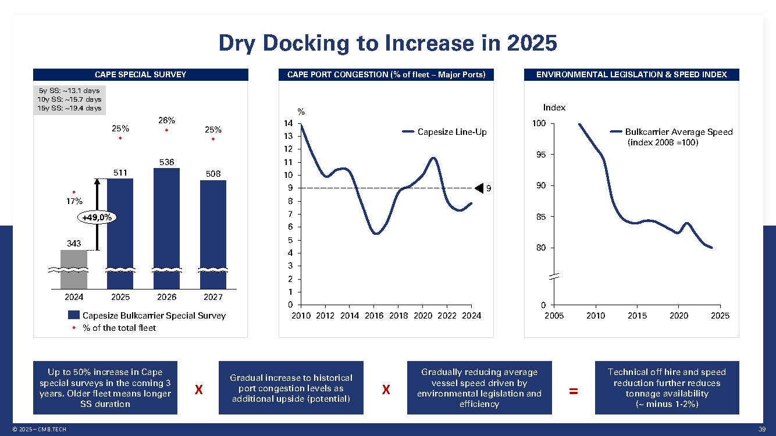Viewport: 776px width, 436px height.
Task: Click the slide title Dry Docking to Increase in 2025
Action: click(387, 43)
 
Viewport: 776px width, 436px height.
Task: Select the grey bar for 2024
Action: click(74, 269)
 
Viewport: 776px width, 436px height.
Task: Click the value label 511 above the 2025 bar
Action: click(120, 172)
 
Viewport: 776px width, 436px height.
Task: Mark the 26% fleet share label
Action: click(166, 120)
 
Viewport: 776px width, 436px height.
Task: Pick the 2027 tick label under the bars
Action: click(213, 297)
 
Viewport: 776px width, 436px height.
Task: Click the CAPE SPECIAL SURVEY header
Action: click(140, 74)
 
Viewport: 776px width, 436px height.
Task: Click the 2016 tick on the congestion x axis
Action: click(374, 316)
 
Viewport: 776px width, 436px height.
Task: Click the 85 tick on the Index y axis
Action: click(540, 217)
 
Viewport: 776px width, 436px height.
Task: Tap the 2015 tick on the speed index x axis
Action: click(637, 316)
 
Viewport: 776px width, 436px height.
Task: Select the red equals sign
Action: click(573, 391)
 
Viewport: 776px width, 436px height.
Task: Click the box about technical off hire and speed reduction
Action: click(667, 388)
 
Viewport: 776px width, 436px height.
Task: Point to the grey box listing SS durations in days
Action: click(69, 99)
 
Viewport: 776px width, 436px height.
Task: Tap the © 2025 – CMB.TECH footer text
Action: click(40, 429)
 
